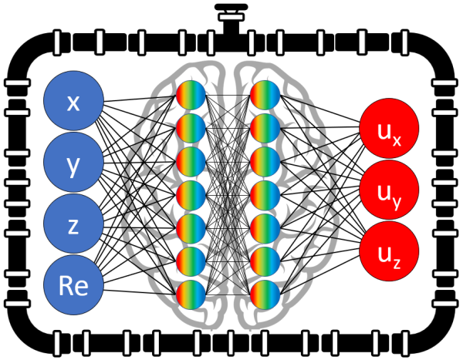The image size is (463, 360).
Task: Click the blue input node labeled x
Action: [74, 103]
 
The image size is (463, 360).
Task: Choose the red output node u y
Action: [389, 191]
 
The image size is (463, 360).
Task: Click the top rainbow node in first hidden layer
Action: [191, 95]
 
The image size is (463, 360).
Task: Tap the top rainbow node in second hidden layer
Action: [265, 95]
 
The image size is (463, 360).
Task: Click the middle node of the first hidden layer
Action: [191, 195]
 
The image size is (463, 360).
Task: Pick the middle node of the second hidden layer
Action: [265, 195]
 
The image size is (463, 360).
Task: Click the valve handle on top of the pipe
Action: [228, 11]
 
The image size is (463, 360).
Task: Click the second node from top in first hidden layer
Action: [191, 128]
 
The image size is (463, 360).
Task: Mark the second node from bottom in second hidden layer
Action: [265, 262]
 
